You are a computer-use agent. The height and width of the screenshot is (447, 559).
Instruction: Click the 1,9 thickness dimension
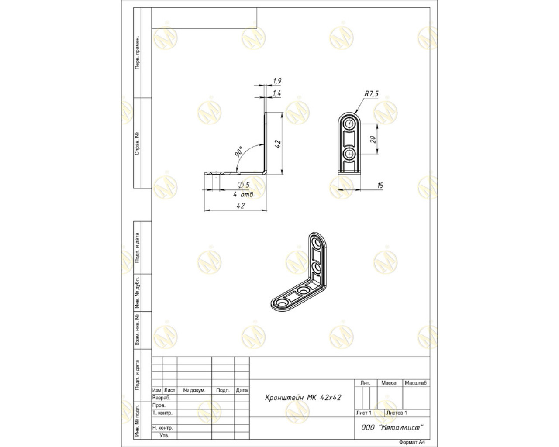(277, 81)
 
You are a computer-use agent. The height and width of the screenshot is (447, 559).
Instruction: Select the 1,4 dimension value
(277, 93)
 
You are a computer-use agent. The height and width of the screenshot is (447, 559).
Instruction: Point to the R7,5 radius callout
(372, 93)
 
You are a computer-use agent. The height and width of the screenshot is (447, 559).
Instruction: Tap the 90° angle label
(238, 151)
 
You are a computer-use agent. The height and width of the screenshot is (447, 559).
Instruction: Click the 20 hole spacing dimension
(373, 139)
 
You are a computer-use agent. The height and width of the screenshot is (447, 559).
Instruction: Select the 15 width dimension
(380, 186)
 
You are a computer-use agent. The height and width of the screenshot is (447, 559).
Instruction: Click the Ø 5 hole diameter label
(243, 185)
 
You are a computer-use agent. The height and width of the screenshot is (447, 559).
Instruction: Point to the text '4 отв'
(243, 194)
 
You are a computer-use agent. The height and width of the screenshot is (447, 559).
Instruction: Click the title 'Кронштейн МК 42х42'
(303, 398)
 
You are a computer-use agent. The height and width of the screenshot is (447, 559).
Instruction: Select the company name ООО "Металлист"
(392, 427)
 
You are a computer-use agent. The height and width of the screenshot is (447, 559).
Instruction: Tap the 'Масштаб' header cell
(416, 383)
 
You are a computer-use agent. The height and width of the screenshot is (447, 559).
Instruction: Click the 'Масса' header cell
(389, 383)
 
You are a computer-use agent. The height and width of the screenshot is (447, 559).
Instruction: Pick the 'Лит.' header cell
(366, 383)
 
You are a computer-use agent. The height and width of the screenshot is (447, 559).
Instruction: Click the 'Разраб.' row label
(161, 398)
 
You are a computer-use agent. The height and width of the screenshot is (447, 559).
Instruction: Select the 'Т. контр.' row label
(162, 413)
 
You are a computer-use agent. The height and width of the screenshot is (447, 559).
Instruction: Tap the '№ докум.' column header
(194, 390)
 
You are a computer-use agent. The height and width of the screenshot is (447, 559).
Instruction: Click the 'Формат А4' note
(412, 442)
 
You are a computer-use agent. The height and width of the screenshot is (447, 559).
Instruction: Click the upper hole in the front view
(349, 124)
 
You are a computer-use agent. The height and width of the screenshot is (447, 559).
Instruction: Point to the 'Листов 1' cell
(397, 413)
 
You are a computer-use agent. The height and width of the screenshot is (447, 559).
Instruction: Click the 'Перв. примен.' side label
(137, 52)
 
